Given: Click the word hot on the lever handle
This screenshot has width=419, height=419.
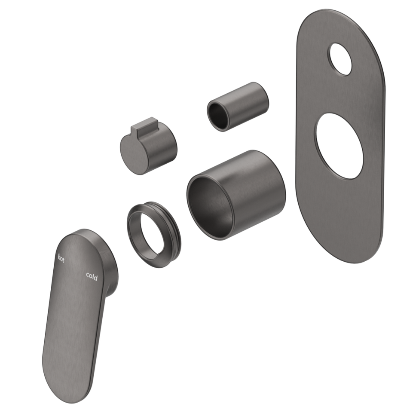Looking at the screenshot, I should coord(61,258).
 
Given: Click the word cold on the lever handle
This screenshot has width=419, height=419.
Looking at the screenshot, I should coord(92,276).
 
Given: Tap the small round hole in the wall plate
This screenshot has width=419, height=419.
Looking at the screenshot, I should coord(340,59).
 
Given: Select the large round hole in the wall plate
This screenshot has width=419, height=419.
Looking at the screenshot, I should coord(339,146).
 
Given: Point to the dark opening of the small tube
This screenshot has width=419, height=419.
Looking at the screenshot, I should coord(219,115).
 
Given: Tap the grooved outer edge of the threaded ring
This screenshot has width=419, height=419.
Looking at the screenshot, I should coord(174,228).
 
